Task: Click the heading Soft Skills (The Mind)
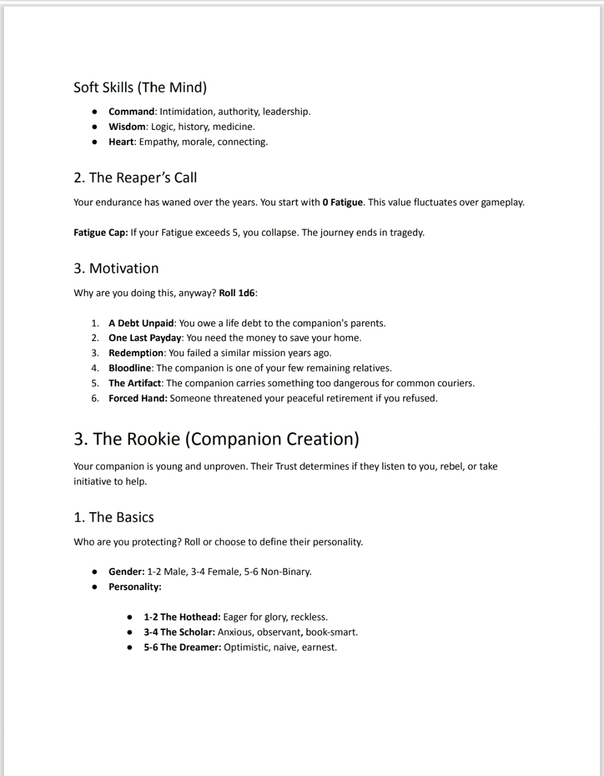[x=140, y=87]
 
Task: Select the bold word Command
[x=131, y=111]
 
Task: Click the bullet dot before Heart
[x=96, y=142]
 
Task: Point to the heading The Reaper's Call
[x=135, y=177]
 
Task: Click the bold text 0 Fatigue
[x=343, y=202]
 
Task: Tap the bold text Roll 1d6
[x=238, y=293]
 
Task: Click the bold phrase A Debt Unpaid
[x=142, y=323]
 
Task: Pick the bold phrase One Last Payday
[x=145, y=338]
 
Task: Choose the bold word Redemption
[x=137, y=353]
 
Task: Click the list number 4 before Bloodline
[x=95, y=368]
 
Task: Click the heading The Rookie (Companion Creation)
[x=216, y=438]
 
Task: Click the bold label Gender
[x=126, y=572]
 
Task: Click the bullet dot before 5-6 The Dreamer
[x=130, y=648]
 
